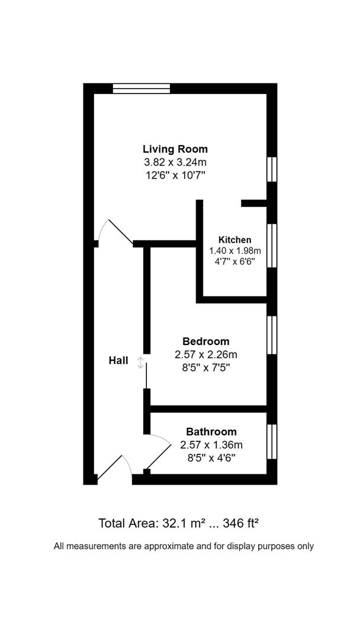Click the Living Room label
click(x=175, y=149)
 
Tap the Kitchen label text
click(x=235, y=240)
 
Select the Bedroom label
click(x=205, y=341)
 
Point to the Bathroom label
click(x=211, y=432)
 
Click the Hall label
click(x=118, y=360)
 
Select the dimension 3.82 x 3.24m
click(x=175, y=162)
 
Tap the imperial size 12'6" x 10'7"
click(x=175, y=175)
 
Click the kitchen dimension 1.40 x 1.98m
click(x=235, y=251)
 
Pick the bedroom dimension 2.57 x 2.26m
click(x=205, y=354)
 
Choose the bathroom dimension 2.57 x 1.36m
click(x=211, y=445)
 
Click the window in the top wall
click(x=142, y=89)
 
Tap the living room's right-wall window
click(x=272, y=169)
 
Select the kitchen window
click(x=272, y=246)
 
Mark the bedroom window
click(x=272, y=335)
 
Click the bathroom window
click(x=272, y=441)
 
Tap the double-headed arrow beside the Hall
click(x=140, y=363)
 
